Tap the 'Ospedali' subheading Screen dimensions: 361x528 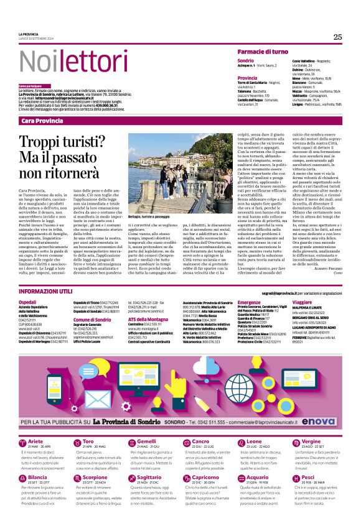click(x=27, y=302)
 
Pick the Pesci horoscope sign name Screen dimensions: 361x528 click(x=306, y=478)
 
